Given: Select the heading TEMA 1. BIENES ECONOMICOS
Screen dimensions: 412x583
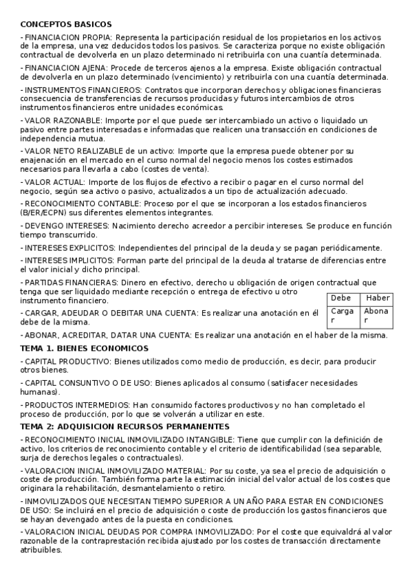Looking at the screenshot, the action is (84, 349).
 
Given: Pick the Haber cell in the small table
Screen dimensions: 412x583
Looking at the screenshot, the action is (378, 298).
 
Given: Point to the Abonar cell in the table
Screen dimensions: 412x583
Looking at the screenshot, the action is (376, 316).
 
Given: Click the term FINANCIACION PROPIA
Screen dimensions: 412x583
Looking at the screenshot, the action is (67, 37).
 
